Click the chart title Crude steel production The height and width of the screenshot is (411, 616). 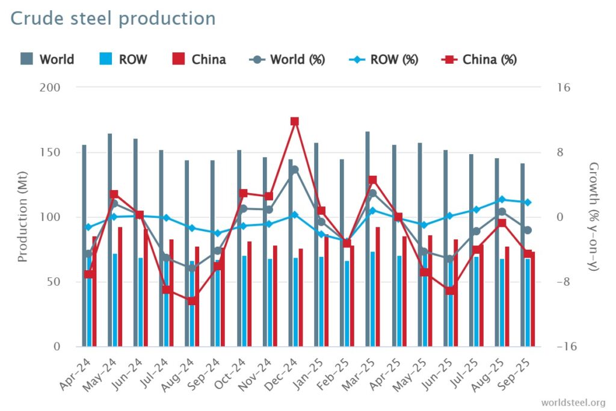[x=113, y=19]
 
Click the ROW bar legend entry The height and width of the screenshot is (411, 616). [x=123, y=60]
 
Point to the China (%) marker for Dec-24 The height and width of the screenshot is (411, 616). [x=295, y=122]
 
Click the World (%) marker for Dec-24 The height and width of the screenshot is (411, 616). [x=295, y=170]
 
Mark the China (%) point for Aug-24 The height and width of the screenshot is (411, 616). [x=192, y=301]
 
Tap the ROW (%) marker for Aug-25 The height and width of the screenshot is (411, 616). [x=502, y=199]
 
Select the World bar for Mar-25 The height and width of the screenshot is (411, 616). [x=368, y=241]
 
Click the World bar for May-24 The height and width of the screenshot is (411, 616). [x=110, y=241]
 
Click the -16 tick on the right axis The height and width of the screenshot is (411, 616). [x=567, y=347]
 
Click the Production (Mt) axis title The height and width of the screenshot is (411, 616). [x=23, y=217]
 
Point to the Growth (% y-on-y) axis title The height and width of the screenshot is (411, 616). [x=593, y=217]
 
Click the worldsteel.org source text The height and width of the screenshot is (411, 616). [x=573, y=402]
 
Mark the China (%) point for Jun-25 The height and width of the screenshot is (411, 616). [x=450, y=291]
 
